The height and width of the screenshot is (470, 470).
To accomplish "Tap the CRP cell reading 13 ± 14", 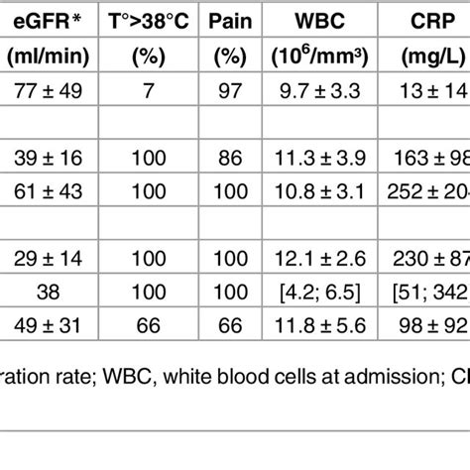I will coord(434,94).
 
